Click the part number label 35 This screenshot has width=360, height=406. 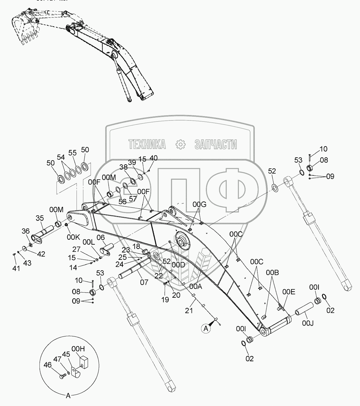pos(40,218)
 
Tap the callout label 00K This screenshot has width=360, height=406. pos(74,237)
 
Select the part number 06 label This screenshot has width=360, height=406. pos(101,238)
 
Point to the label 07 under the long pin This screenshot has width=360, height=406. pos(144,282)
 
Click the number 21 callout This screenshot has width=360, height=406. pos(189,310)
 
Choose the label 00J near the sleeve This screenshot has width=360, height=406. pos(308,323)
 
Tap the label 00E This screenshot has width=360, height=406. pos(289,292)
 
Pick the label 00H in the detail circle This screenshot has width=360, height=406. pos(78,349)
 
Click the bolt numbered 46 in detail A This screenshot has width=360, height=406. pos(62,376)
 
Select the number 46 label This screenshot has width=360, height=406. pos(48,365)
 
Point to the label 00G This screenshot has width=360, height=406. pos(199,205)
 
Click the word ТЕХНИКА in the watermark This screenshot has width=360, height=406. pos(147,145)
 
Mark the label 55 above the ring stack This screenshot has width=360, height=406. pos(72,153)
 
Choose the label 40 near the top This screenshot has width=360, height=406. pos(153,158)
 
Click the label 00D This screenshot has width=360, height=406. pos(179,264)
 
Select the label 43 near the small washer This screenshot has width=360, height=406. pos(27,263)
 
